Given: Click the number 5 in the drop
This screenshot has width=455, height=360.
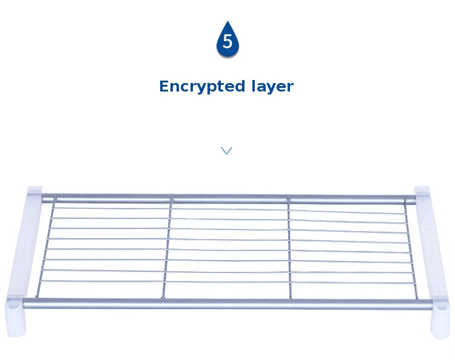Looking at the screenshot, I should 227,42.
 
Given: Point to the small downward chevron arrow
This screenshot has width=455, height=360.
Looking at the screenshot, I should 226,150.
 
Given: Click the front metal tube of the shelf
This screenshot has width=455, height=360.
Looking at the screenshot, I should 227,303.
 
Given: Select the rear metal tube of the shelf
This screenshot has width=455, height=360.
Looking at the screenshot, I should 227,199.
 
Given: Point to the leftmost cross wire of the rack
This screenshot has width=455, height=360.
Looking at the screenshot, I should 46,248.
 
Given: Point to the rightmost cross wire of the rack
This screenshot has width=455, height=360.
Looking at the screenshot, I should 412,248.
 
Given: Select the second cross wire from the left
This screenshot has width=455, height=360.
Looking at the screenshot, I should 167,248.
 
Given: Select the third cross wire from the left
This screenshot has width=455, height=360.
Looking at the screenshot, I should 289,248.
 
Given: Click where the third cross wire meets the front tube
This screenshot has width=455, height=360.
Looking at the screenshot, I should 291,298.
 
